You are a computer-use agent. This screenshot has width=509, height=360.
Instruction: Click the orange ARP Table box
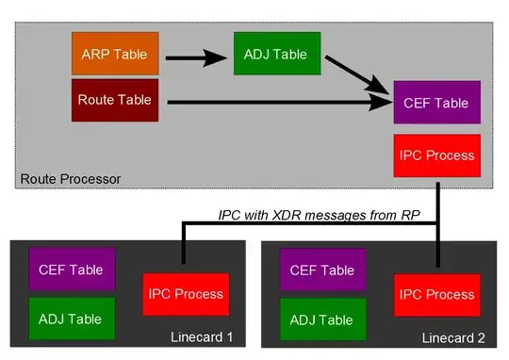point(114,55)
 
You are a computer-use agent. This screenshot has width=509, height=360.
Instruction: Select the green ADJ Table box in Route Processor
point(276,55)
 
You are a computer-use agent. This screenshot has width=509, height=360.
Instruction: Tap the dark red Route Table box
point(114,101)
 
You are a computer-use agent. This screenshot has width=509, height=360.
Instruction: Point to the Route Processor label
point(71,178)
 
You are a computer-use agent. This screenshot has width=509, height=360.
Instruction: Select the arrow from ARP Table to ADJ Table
point(198,59)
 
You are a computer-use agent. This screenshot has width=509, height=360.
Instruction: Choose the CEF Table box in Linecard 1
point(72,269)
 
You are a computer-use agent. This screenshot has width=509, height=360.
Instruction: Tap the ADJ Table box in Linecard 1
point(72,318)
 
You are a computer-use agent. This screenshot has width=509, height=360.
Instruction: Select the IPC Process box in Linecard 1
point(185,294)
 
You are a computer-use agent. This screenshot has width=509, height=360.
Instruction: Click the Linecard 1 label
point(201,337)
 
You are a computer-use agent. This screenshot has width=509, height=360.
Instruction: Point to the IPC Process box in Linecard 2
point(437,294)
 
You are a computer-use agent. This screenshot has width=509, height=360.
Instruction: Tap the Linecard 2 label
point(452,337)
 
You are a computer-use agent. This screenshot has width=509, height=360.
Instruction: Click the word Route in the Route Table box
point(94,101)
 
